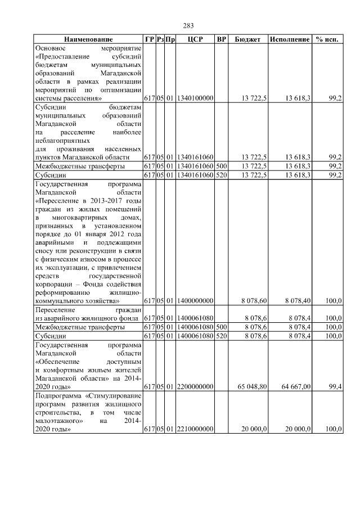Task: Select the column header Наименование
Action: (88, 39)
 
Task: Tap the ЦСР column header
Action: (195, 39)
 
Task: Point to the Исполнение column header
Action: (289, 39)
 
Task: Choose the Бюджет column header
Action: (247, 39)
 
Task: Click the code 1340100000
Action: (195, 98)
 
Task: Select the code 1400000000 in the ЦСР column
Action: (195, 301)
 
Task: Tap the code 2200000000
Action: (195, 387)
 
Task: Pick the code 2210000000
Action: (195, 429)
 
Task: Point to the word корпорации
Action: (55, 285)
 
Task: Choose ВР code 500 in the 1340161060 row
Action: (221, 166)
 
